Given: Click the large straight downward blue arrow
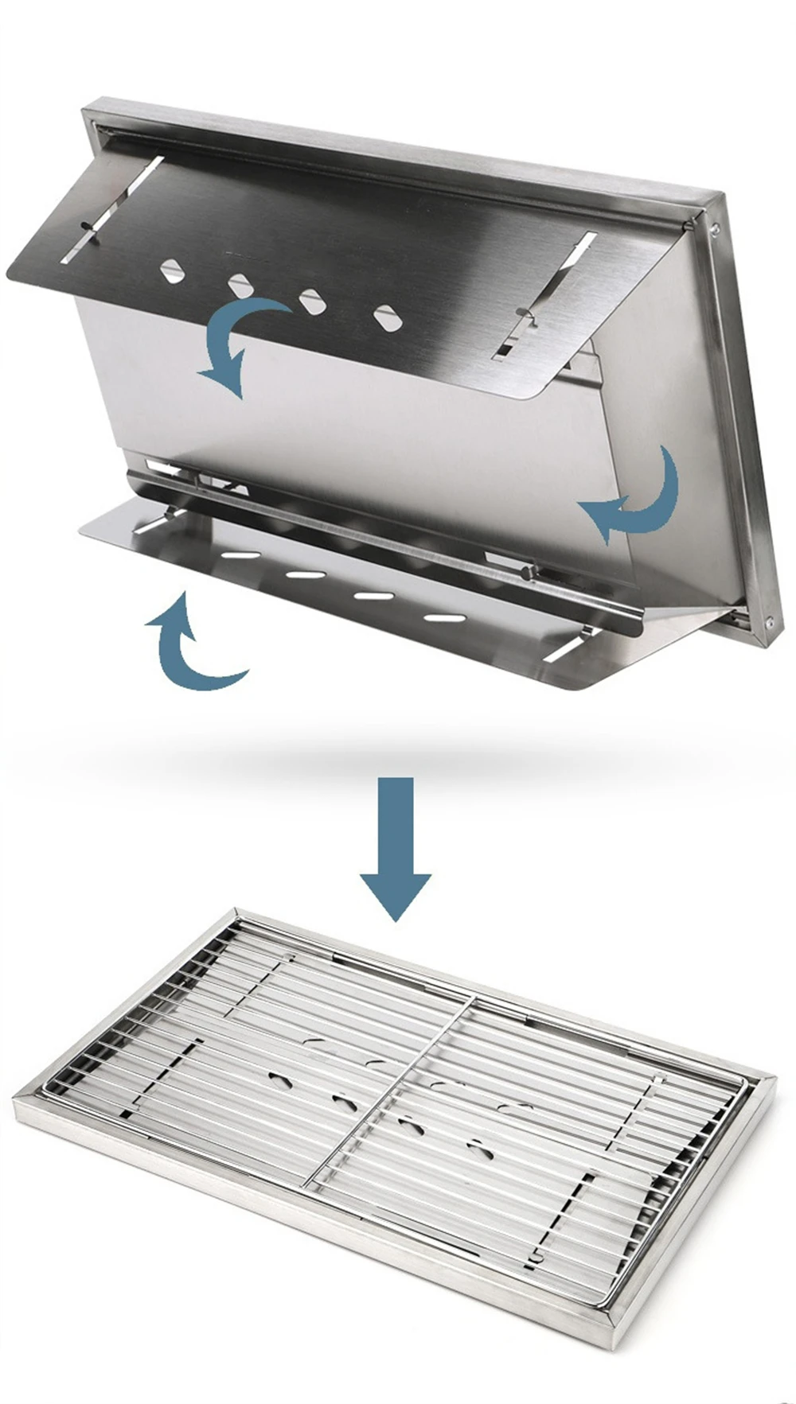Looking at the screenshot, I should tap(396, 847).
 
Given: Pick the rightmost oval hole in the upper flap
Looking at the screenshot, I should tap(387, 317).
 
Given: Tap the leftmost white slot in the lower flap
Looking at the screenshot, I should tap(240, 555).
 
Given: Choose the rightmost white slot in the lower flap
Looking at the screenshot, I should tap(443, 617).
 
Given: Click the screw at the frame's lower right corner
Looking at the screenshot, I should tap(769, 621).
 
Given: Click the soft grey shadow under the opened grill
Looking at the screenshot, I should tap(446, 752).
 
